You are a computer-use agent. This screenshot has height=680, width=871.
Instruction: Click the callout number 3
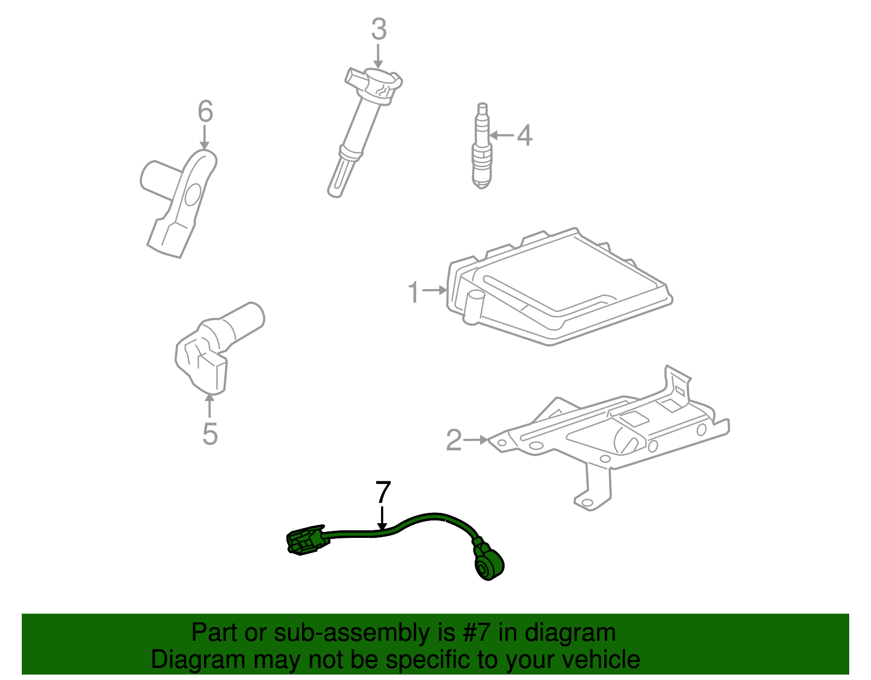click(379, 30)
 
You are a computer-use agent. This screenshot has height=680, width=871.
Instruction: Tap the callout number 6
click(205, 112)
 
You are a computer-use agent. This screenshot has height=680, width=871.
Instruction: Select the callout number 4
click(524, 135)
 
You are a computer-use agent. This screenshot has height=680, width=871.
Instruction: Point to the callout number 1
click(414, 292)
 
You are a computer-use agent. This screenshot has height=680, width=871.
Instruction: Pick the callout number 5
click(210, 434)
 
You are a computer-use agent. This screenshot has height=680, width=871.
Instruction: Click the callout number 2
click(454, 440)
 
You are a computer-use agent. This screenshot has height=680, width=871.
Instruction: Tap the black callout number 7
click(383, 492)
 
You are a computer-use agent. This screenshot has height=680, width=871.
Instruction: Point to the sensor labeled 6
click(180, 201)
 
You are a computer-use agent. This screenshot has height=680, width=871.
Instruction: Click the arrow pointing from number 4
click(502, 135)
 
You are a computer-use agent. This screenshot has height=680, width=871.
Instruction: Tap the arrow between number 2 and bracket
click(477, 439)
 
